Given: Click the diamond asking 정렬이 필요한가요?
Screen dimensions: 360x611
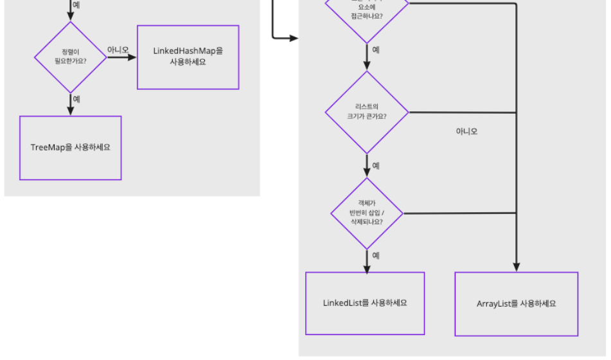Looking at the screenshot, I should (x=71, y=57).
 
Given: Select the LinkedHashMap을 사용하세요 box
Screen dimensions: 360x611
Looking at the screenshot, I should (x=188, y=57).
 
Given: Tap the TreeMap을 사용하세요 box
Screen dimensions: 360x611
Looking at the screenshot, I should (x=71, y=147).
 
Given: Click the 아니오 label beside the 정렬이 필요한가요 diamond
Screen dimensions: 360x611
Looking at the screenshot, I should (x=118, y=50).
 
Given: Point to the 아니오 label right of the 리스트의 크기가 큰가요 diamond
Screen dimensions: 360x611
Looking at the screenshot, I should (x=467, y=131).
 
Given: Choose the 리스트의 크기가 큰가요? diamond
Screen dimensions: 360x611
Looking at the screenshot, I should (x=367, y=113).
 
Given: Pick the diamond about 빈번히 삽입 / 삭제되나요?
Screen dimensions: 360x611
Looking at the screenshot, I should (x=367, y=213).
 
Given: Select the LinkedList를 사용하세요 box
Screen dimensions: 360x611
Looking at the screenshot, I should (x=365, y=303).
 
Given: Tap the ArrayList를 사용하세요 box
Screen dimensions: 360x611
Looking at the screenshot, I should (x=517, y=303).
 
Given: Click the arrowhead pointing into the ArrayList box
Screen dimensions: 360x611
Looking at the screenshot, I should (x=517, y=267).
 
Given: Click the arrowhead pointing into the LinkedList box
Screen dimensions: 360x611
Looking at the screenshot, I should (x=367, y=267).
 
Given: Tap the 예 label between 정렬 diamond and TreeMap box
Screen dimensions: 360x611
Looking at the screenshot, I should (x=77, y=99).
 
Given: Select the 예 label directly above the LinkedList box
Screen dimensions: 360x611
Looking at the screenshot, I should (x=376, y=255).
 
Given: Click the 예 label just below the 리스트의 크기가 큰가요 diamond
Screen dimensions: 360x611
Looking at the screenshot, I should (x=376, y=165).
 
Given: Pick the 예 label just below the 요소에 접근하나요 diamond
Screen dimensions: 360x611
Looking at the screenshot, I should (x=376, y=50).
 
